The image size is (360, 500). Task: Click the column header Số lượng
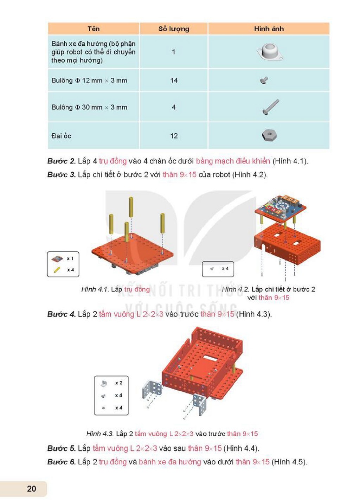point(174,29)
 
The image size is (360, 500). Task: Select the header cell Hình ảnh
point(269,29)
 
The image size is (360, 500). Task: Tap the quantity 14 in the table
point(174,81)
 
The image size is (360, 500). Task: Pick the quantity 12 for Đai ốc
point(174,136)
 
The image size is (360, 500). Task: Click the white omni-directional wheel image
point(270,52)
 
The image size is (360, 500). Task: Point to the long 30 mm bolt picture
point(270,107)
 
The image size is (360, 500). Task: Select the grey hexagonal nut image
point(269,135)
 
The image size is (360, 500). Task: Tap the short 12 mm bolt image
point(264,81)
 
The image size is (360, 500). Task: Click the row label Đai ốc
point(61,136)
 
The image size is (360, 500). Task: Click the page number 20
point(32,489)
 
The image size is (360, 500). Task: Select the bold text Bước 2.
point(62,161)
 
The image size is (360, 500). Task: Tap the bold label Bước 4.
point(62,314)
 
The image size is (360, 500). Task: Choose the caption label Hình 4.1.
point(95,289)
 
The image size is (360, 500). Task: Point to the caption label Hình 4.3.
point(100,434)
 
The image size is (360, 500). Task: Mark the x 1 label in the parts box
point(70,258)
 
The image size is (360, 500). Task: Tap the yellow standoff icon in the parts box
point(57,270)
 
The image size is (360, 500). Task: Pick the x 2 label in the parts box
point(119,383)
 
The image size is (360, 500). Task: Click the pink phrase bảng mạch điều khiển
point(233,161)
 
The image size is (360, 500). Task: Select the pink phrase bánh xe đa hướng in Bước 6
point(170,462)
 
